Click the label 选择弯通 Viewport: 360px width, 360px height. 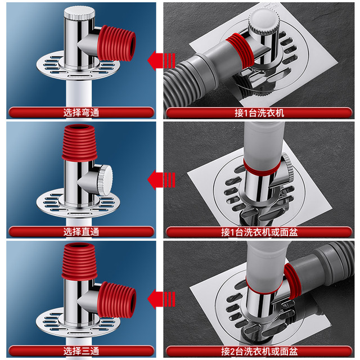[81, 112]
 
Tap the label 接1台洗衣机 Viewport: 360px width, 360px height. [259, 113]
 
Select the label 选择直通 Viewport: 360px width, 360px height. [81, 232]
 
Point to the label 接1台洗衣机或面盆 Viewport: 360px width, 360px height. [259, 232]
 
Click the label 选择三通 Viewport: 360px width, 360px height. [81, 351]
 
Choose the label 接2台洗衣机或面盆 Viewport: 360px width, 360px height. [259, 351]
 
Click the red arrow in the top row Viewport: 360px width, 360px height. [161, 61]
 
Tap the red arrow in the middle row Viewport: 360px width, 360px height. [161, 180]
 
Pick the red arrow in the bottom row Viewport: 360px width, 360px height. [161, 299]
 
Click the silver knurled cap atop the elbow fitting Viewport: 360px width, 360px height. [79, 12]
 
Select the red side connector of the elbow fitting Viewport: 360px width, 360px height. [116, 43]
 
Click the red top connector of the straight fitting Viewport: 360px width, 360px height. [79, 142]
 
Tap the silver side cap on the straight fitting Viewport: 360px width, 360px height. [105, 180]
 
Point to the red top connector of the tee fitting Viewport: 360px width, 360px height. [79, 262]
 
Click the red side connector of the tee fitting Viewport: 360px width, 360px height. [116, 300]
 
